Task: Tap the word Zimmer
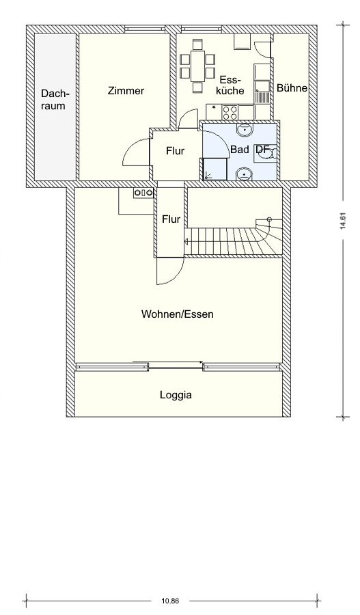126,91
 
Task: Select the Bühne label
292,88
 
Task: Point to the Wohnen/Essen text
177,314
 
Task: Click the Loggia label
176,394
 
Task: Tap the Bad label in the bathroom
239,150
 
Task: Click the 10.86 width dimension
170,601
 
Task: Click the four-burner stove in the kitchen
230,112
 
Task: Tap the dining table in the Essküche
197,66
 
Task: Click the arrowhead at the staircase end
186,242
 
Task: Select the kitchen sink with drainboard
262,92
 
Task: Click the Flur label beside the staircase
171,219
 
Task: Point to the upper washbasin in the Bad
245,129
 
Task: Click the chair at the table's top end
197,44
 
